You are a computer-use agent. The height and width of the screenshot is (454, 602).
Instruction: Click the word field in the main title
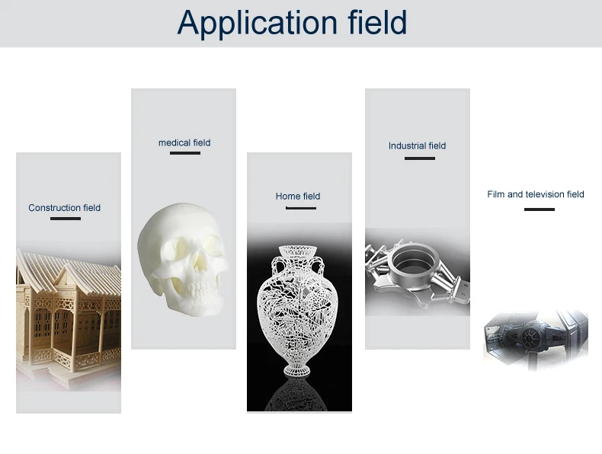coord(377,22)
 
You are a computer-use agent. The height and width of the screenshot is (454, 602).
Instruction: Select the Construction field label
coord(65,208)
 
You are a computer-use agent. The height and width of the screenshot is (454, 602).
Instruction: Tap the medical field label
coord(184,142)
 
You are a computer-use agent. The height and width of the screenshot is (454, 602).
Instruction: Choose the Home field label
coord(298,196)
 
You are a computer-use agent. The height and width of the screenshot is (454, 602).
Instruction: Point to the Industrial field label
coord(417,145)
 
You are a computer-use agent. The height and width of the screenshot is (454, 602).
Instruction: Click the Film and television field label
coord(536,194)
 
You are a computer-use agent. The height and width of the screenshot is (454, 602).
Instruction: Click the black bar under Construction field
coord(66,219)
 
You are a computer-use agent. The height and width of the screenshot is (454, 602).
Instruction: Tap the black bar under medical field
coord(185,153)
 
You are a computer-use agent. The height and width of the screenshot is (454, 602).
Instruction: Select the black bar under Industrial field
coord(420,158)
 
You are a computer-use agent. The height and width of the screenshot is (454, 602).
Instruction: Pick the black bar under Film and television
coord(540,209)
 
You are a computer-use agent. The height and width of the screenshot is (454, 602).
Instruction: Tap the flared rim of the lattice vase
coord(297,250)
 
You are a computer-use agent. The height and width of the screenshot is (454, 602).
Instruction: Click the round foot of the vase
coord(296,371)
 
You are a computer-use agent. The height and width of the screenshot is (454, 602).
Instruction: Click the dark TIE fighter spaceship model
coord(536,337)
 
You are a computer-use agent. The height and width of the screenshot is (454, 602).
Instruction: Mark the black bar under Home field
coord(301,208)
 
